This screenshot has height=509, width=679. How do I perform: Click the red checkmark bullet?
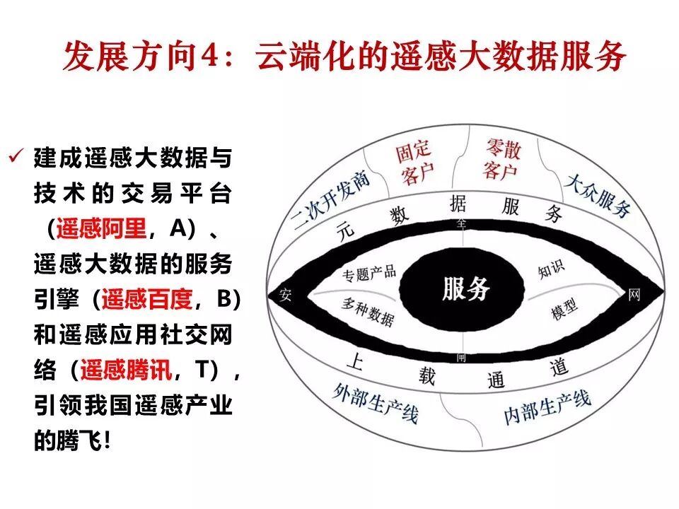(x=16, y=156)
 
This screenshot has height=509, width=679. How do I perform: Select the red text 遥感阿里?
(x=101, y=228)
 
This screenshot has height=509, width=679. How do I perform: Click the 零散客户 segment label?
(x=502, y=159)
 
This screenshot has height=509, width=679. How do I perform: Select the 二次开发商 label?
(x=332, y=202)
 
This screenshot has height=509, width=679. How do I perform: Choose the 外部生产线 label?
(x=375, y=402)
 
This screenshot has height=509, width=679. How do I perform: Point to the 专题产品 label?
(x=369, y=271)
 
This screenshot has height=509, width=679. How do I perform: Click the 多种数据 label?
(x=367, y=311)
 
